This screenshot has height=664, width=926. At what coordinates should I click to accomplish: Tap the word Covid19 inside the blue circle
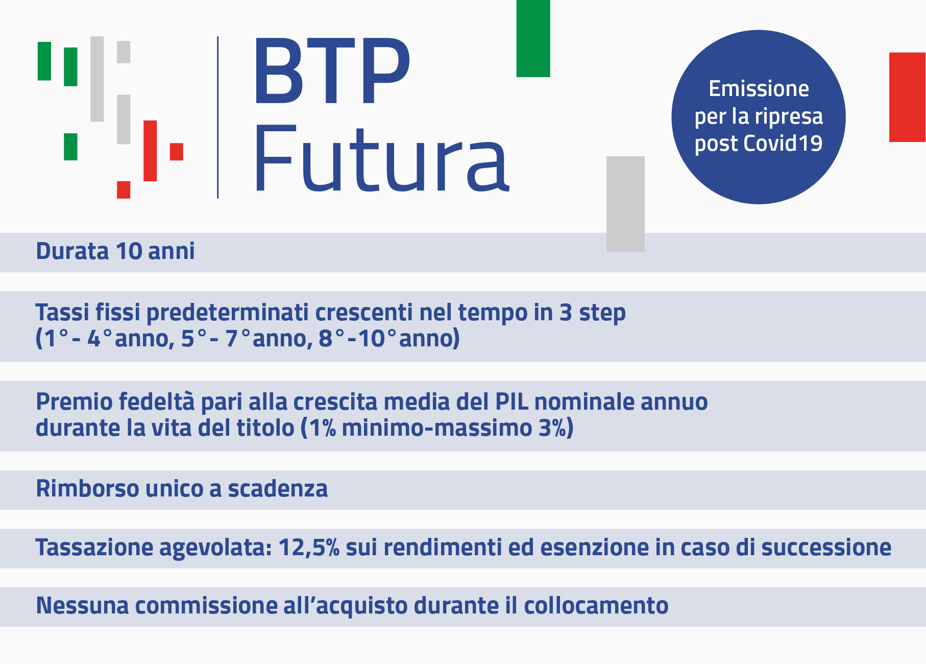click(783, 144)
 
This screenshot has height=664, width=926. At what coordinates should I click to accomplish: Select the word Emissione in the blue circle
click(759, 89)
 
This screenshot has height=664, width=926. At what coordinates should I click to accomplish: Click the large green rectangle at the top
click(533, 38)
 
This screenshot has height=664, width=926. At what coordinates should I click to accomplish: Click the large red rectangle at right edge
click(907, 97)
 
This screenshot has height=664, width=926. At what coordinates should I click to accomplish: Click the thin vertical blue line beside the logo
click(218, 117)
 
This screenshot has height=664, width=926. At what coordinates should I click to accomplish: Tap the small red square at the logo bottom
click(124, 189)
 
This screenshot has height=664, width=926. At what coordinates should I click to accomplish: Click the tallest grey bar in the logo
click(97, 79)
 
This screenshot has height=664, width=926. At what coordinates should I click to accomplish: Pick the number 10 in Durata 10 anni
click(129, 251)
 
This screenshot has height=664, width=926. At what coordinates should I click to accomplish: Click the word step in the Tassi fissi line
click(602, 313)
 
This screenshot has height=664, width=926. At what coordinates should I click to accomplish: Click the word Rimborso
click(87, 489)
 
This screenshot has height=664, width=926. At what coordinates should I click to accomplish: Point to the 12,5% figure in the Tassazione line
click(308, 548)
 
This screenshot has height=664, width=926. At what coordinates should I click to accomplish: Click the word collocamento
click(596, 606)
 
